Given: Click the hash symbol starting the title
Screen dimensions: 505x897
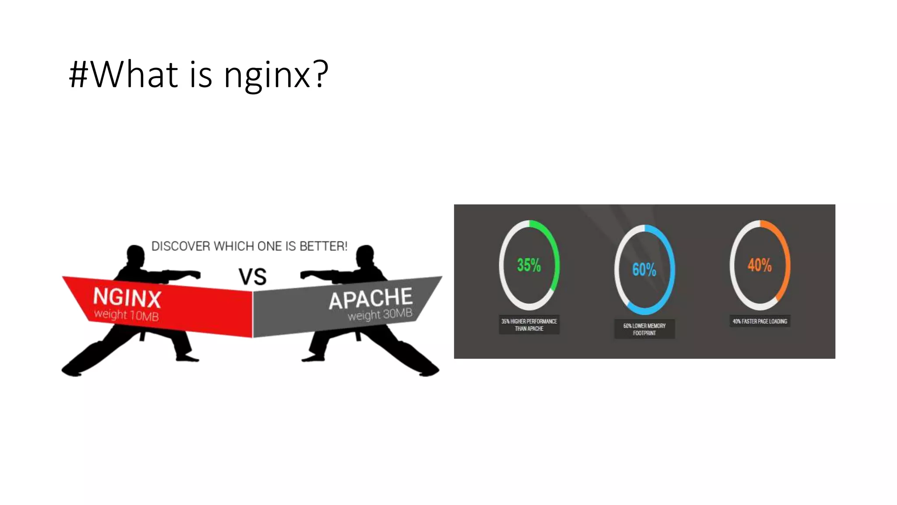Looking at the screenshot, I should [79, 75].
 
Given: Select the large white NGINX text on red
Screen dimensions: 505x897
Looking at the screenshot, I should [127, 298].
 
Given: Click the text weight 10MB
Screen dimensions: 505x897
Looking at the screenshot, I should [126, 315].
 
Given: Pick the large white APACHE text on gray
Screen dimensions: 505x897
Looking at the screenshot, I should [371, 299].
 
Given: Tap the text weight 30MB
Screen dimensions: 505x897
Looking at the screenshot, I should [380, 314].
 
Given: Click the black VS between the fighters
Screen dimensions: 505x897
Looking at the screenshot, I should [252, 277].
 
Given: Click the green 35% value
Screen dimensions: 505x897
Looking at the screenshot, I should [529, 265].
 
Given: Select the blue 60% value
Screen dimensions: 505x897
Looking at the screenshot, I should [644, 270].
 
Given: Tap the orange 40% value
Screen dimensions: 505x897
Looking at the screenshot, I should [759, 265].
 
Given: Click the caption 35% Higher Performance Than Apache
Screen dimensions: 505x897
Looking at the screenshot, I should [529, 325].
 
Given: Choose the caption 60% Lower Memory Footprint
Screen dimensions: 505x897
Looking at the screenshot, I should [644, 329].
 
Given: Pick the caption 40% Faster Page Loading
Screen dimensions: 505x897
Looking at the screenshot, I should [760, 321].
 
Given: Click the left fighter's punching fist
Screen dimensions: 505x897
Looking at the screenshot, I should [195, 275].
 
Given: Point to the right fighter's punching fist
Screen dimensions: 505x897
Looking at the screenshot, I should [306, 275].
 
